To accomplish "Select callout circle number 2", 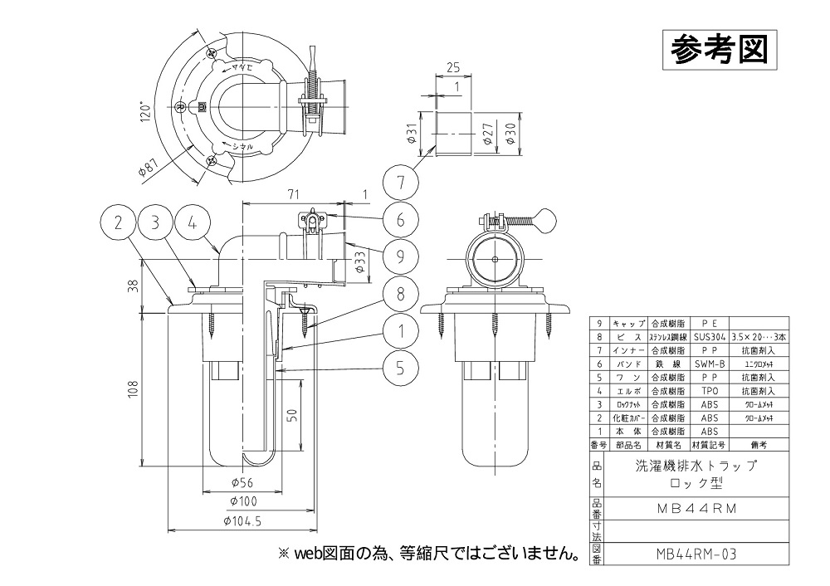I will pyautogui.click(x=120, y=222).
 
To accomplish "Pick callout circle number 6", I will pyautogui.click(x=400, y=220).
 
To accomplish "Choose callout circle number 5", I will pyautogui.click(x=400, y=366).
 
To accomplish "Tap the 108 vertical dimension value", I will pyautogui.click(x=134, y=390).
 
